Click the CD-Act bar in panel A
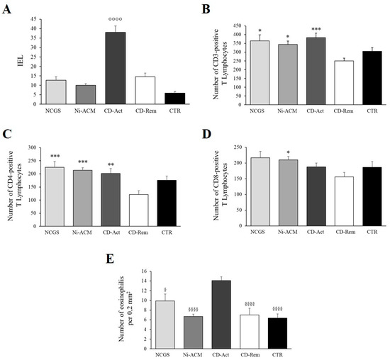pos(105,68)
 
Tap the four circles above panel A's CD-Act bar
pos(105,19)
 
